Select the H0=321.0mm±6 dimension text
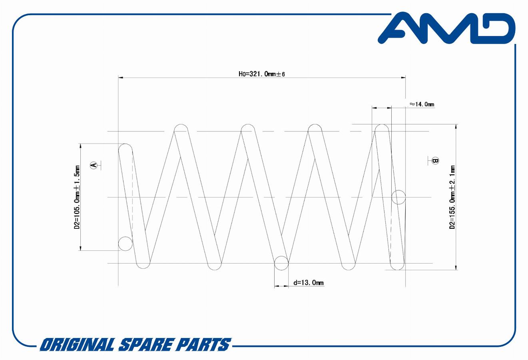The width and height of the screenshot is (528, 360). point(262,74)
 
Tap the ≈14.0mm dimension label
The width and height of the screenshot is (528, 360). point(422,104)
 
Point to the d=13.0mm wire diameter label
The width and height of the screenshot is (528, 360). point(308,282)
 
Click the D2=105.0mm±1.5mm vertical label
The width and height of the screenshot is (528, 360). point(77,197)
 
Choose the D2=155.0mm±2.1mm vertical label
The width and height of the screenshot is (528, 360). point(452,197)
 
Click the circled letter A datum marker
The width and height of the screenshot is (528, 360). point(94,165)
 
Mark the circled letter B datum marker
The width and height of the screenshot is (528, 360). point(435,161)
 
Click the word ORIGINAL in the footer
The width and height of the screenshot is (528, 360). point(78,344)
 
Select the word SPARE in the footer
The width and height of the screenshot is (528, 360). point(145,344)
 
